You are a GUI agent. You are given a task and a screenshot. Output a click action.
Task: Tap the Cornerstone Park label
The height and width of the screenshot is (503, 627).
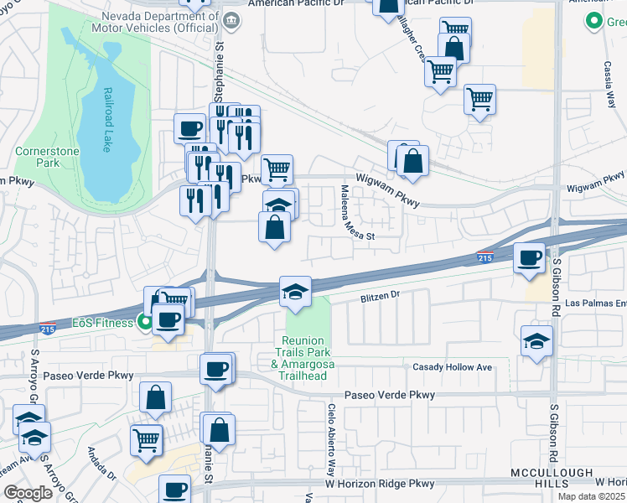[x=37, y=158]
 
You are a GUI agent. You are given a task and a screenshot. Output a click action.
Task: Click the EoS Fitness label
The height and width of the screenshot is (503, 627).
[x=102, y=322]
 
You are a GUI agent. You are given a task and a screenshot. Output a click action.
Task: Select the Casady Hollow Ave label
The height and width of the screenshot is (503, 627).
[x=452, y=367]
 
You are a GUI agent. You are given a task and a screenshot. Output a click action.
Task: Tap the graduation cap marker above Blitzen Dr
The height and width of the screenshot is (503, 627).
[x=295, y=291]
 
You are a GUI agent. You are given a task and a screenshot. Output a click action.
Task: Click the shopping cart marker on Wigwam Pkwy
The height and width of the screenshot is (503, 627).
[x=277, y=169]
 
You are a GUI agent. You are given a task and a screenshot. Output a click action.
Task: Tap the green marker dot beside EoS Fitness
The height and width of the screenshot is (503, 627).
[x=145, y=321]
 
